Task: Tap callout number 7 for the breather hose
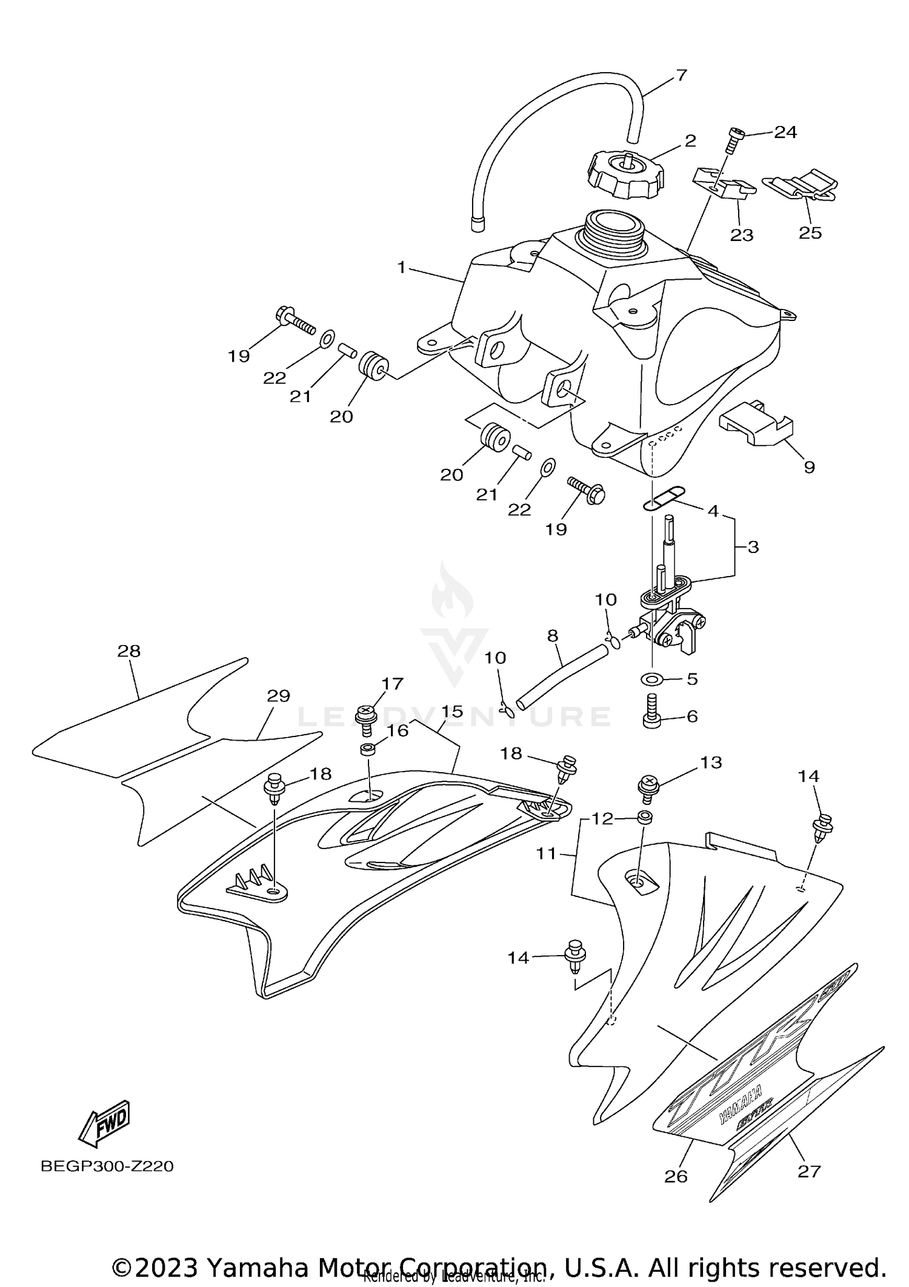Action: [681, 76]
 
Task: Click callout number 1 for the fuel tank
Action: [401, 266]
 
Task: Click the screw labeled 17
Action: [367, 719]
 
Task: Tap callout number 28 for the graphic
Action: [129, 651]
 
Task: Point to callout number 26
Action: [676, 1176]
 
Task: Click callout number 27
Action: [809, 1171]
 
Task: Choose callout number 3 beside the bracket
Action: [753, 547]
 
